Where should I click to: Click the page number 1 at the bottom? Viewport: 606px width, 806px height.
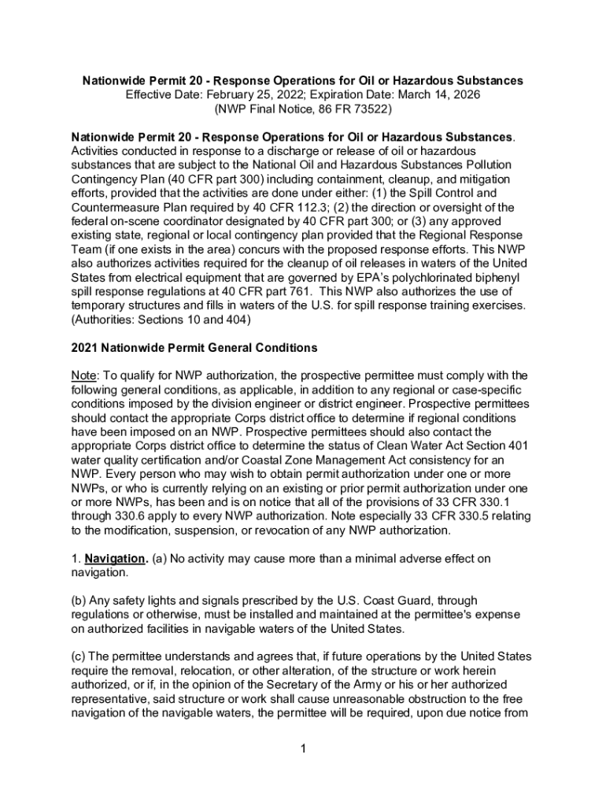[303, 748]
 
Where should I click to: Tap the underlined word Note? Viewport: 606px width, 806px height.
[84, 375]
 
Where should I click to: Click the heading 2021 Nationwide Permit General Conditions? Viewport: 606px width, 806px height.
[194, 347]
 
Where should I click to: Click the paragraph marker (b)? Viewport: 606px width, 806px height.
[79, 601]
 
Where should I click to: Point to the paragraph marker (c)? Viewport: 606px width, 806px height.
[79, 657]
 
